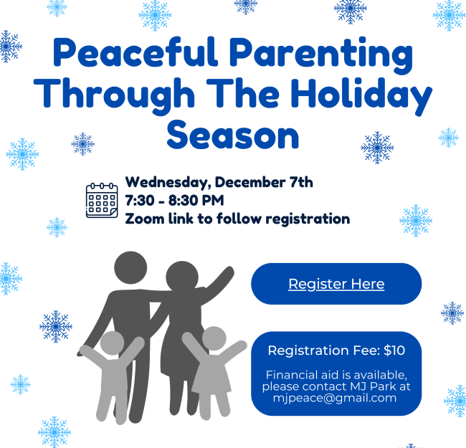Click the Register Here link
tap(336, 284)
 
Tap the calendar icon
tap(102, 201)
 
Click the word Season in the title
tap(233, 135)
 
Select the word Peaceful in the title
tap(135, 52)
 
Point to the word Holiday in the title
tap(361, 95)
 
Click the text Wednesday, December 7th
tap(219, 182)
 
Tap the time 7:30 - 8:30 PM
tap(174, 201)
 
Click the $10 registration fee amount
tap(394, 351)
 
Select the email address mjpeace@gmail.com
tap(335, 398)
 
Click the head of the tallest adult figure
tap(130, 267)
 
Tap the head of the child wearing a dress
tap(214, 338)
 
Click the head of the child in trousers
tap(112, 343)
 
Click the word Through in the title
tap(114, 95)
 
